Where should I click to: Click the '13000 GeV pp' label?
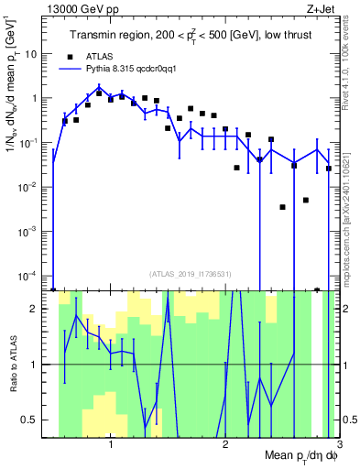83,9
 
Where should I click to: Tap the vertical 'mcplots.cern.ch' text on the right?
351,211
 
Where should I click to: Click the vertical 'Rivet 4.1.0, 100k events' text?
351,64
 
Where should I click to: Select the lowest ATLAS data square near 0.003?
283,207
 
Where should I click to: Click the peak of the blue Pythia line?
99,88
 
